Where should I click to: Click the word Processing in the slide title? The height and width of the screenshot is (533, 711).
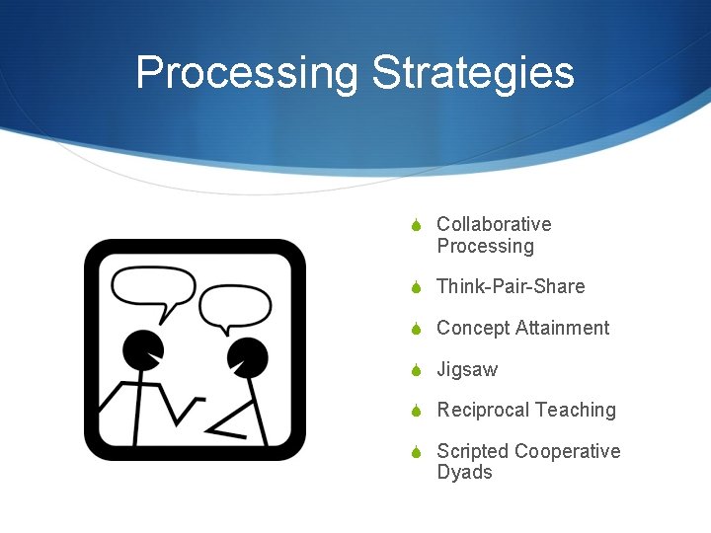247,74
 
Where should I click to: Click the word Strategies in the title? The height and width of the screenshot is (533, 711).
473,74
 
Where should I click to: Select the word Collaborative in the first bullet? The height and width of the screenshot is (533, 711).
494,225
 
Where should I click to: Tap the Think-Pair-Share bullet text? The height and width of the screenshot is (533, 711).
511,287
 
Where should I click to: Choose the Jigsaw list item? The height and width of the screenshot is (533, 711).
467,370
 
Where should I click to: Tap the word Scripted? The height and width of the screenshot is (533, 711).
471,451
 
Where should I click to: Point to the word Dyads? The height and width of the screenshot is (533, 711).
464,473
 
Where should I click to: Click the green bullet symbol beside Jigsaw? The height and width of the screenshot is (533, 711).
417,371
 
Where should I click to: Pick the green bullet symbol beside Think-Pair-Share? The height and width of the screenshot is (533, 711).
417,288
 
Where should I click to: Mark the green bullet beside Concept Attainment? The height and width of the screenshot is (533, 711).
417,329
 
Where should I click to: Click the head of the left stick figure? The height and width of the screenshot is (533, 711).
143,348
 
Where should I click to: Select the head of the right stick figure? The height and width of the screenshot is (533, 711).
246,356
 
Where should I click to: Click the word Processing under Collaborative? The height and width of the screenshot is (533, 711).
485,247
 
